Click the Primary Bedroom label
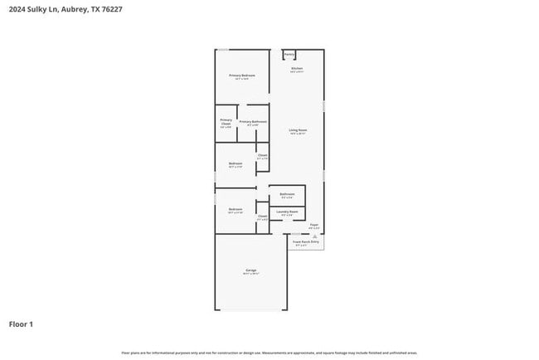tap(242, 75)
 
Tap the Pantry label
tap(289, 55)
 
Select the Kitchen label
tap(297, 68)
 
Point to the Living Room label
tap(299, 130)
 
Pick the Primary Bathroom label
tap(252, 122)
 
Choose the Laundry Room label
tap(287, 212)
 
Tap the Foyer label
tap(314, 225)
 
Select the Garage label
tap(250, 270)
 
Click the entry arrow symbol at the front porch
tap(314, 236)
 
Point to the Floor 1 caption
tap(21, 324)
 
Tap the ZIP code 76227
tap(114, 9)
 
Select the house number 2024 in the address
tap(17, 9)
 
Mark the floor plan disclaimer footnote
tap(269, 353)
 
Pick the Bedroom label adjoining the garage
tap(236, 209)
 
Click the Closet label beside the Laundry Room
tap(262, 216)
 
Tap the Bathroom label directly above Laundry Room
tap(287, 195)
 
